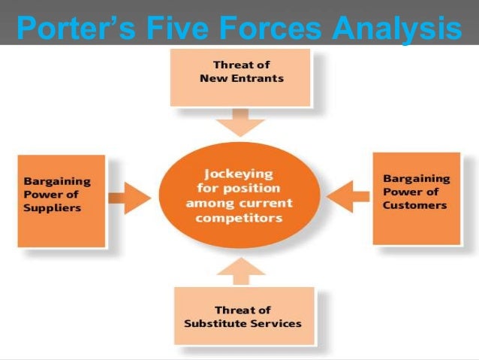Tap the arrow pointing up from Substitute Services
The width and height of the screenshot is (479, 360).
(239, 270)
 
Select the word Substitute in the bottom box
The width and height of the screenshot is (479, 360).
(215, 323)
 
